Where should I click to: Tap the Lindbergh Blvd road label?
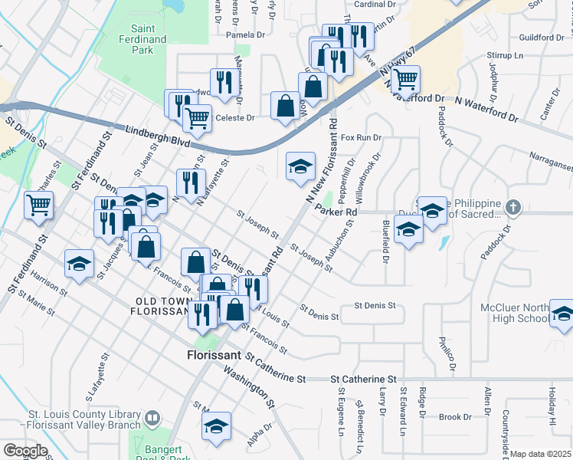click(146, 136)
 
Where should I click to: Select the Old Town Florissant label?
click(161, 307)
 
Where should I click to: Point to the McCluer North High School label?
click(513, 313)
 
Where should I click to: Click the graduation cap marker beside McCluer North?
click(562, 314)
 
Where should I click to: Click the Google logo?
click(25, 451)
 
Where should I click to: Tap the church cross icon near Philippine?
click(514, 206)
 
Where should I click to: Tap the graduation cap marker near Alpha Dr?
click(217, 426)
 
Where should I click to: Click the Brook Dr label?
click(455, 417)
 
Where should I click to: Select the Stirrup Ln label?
click(507, 56)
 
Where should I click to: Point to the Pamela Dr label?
click(245, 34)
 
